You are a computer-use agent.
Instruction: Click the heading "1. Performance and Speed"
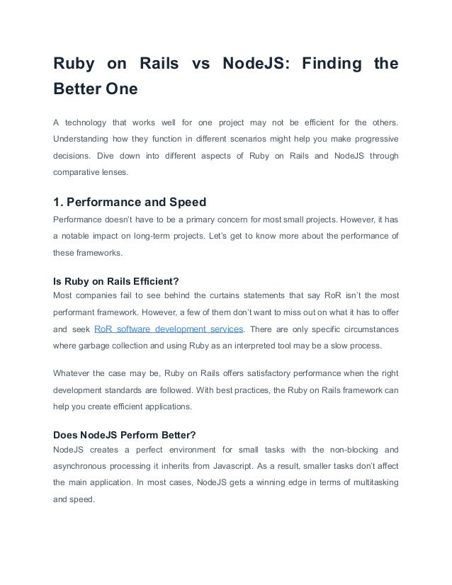click(x=130, y=201)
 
